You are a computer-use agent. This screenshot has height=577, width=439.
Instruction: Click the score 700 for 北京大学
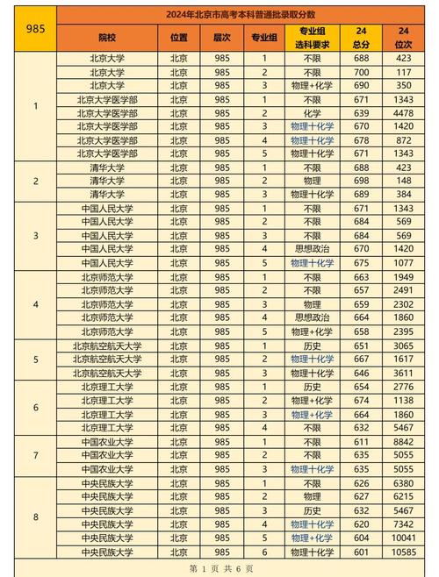click(x=361, y=73)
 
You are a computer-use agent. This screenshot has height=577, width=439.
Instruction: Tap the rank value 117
click(x=404, y=73)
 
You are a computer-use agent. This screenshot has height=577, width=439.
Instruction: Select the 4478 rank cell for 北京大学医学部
click(x=404, y=113)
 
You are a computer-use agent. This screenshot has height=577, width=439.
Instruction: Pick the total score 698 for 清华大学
click(x=361, y=181)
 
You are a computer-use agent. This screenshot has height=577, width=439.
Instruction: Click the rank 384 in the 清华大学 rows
click(x=404, y=195)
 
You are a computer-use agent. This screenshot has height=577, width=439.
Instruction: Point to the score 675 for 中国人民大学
click(x=361, y=262)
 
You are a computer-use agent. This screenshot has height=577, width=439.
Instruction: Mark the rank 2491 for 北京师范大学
click(x=404, y=289)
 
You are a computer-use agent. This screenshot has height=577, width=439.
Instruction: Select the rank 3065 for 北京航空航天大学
click(x=404, y=346)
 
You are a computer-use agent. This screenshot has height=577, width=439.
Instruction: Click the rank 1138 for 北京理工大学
click(x=404, y=400)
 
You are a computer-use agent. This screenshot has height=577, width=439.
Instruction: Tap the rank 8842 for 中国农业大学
click(x=404, y=442)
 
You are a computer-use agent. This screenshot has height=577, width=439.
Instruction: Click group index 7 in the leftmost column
click(x=35, y=456)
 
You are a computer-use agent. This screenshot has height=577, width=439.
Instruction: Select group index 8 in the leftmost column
click(x=35, y=517)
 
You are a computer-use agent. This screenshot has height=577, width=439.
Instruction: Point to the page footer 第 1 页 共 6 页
click(x=220, y=568)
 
